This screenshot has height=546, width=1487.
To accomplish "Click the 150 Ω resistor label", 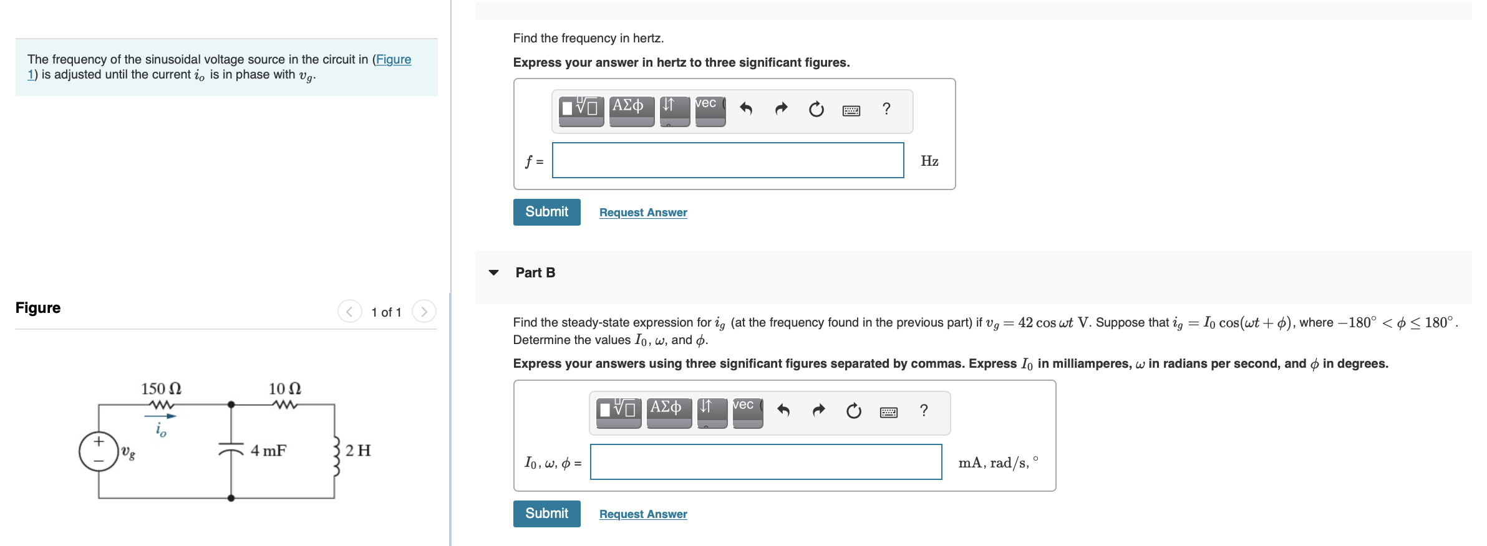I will [x=161, y=389].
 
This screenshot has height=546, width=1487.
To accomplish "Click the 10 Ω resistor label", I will [x=284, y=389].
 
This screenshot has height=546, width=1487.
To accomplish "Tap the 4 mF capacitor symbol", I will [x=231, y=450].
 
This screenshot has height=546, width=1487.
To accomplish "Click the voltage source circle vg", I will [x=99, y=451].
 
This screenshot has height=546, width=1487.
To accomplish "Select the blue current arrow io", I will [x=161, y=416].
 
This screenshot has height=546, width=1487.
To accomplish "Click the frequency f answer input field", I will [x=727, y=161].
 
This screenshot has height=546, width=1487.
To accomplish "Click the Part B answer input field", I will [x=765, y=462].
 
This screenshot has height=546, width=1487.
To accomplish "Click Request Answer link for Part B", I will [x=643, y=514].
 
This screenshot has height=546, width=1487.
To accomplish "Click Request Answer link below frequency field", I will [x=643, y=213].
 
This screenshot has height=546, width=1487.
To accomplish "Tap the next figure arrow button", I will [x=424, y=312].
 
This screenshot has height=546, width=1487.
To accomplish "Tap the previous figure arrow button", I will [x=349, y=312].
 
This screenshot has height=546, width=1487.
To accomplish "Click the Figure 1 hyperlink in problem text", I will [x=393, y=60].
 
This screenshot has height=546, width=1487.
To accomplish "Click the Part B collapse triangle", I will [x=493, y=272].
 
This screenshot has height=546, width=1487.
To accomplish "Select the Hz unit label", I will [x=929, y=161].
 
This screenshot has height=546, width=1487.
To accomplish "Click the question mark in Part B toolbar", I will [x=924, y=411].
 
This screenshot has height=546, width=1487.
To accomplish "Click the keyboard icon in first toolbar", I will [x=851, y=110].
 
